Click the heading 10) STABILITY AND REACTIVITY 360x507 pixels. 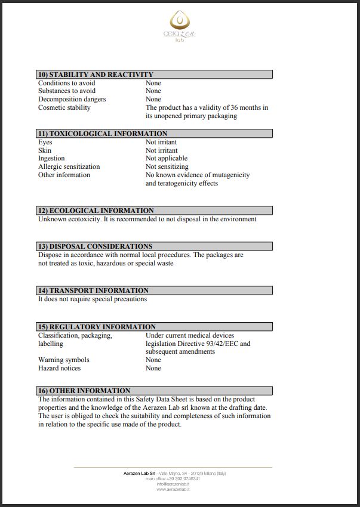(96, 75)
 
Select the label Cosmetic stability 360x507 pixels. (64, 108)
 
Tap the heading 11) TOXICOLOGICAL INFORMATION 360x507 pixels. (102, 134)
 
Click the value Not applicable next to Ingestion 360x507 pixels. (167, 159)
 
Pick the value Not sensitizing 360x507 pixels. (167, 167)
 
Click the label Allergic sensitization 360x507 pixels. (69, 167)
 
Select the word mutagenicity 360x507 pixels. (227, 175)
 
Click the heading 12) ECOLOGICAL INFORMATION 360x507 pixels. (96, 211)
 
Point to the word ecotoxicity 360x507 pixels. (84, 219)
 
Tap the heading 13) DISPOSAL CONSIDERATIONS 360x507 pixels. (95, 246)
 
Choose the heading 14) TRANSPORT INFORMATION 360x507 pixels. (93, 290)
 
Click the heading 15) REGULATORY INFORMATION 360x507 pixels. (97, 327)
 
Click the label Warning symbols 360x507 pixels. (64, 360)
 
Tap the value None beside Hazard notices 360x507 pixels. (153, 369)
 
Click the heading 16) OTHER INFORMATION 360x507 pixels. (84, 391)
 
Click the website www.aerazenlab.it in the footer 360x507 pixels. (173, 489)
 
